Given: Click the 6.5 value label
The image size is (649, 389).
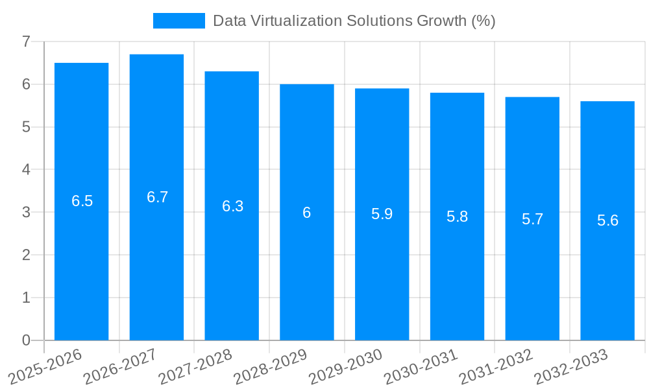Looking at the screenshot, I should pyautogui.click(x=82, y=201).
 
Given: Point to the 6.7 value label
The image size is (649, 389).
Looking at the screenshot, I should pyautogui.click(x=158, y=197).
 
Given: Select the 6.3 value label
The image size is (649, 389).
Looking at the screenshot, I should pyautogui.click(x=233, y=206).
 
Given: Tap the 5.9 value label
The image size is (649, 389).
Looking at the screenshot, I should pyautogui.click(x=382, y=214).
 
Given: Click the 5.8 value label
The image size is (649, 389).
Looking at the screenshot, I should pyautogui.click(x=458, y=217).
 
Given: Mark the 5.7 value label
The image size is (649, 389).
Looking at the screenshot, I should pyautogui.click(x=533, y=219).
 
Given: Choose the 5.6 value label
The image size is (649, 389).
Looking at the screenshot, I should pyautogui.click(x=608, y=220).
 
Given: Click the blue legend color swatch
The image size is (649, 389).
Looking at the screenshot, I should pyautogui.click(x=178, y=21).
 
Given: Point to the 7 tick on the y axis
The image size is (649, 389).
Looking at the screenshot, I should pyautogui.click(x=26, y=41).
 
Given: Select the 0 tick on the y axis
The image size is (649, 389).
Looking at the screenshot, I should pyautogui.click(x=26, y=340).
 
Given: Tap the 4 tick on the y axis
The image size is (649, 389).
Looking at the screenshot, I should pyautogui.click(x=26, y=170).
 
